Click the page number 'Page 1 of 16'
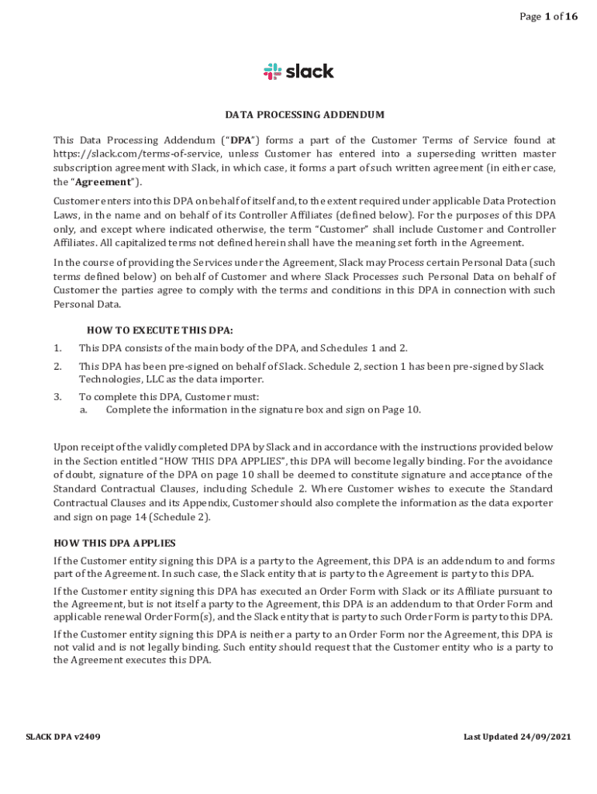[548, 17]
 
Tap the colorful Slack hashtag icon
[272, 72]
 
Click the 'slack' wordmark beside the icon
[310, 71]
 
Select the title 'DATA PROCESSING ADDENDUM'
[305, 115]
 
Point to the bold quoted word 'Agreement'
[102, 181]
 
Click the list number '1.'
[57, 348]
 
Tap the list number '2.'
[57, 366]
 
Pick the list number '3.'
[57, 396]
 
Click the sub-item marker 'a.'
[84, 409]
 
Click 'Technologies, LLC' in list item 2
[121, 379]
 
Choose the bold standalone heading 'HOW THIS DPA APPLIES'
[114, 543]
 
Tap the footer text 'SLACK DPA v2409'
[63, 737]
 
